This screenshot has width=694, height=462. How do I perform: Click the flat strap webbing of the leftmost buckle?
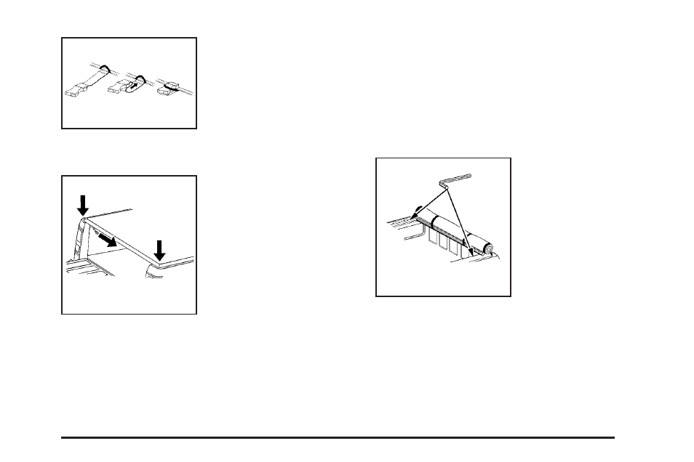(92, 79)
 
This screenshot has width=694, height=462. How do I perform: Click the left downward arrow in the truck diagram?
(82, 203)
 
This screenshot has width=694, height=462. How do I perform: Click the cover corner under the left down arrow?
(84, 218)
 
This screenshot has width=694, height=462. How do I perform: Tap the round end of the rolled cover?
(489, 248)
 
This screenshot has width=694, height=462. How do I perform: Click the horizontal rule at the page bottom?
(338, 437)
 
